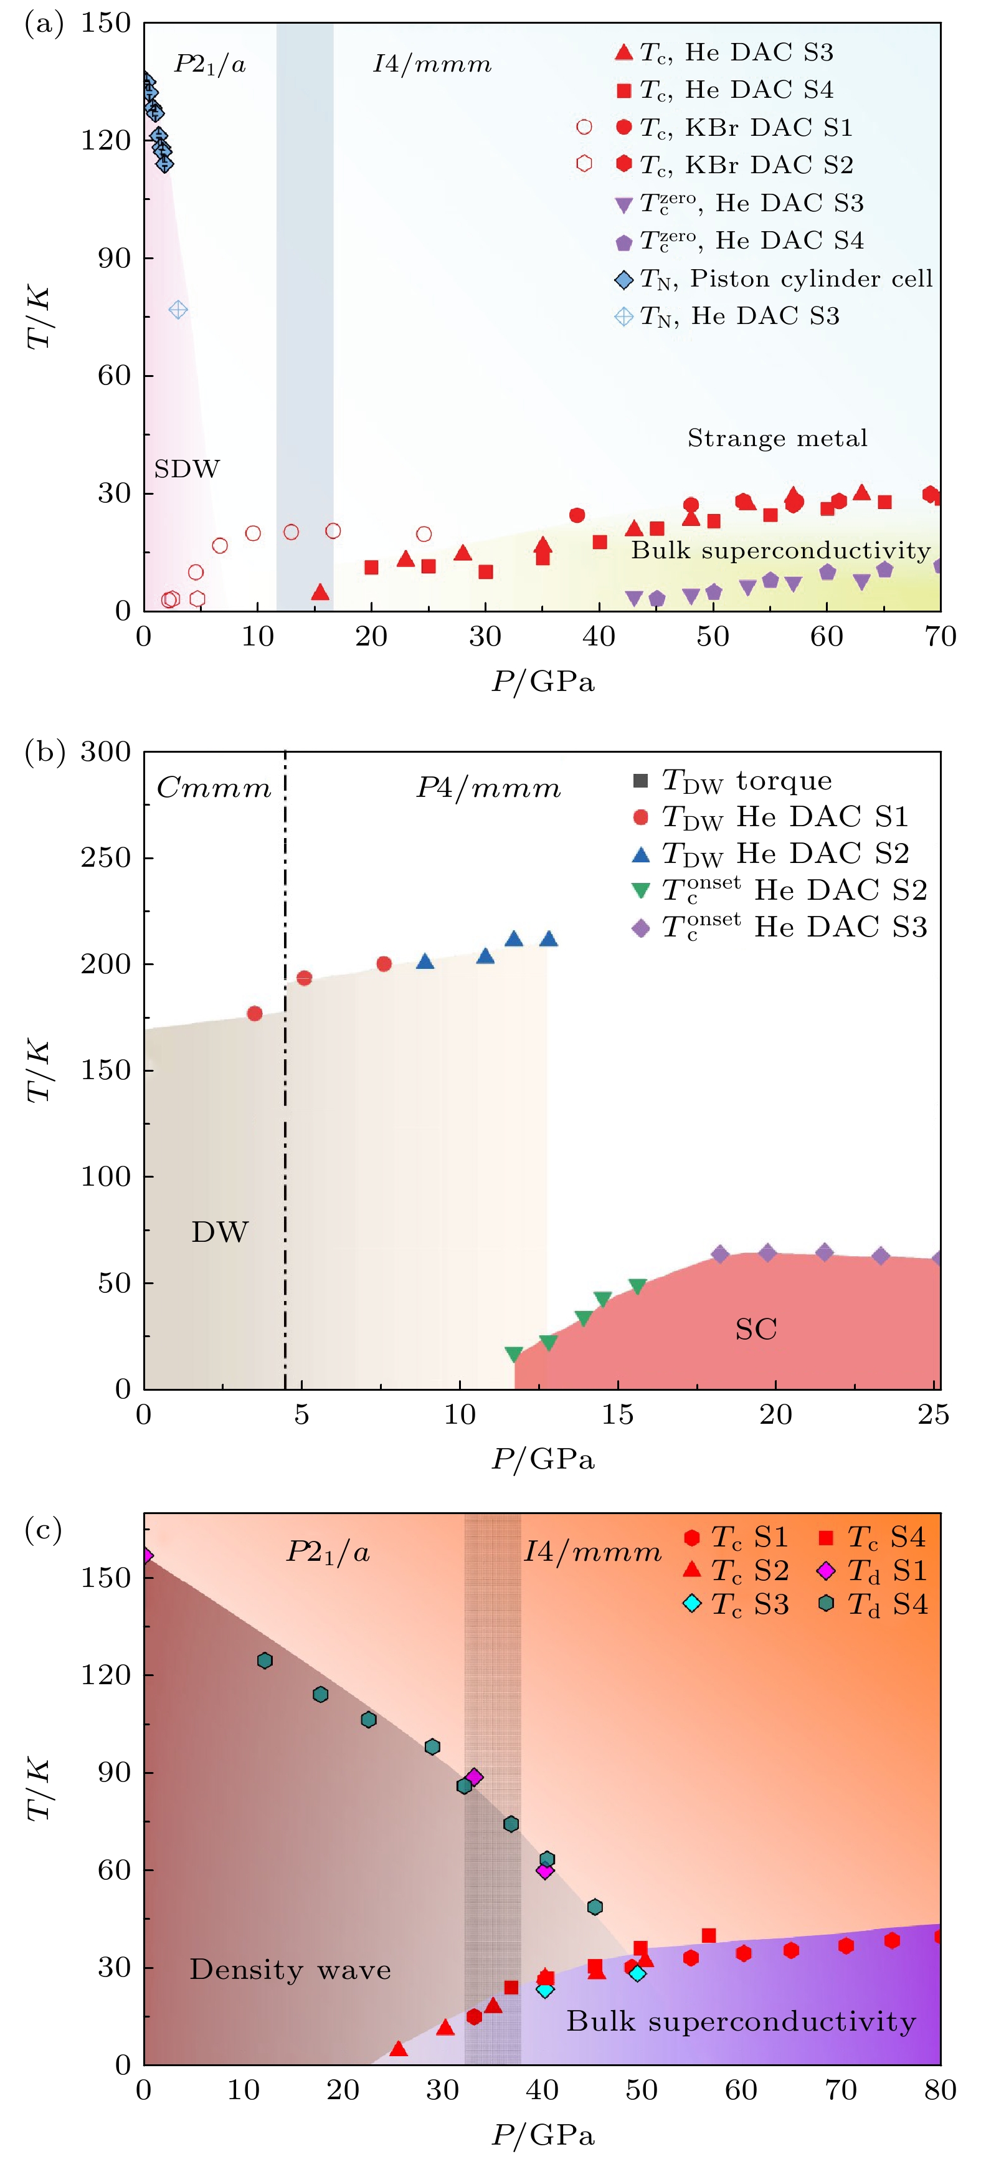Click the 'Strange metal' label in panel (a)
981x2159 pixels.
pyautogui.click(x=777, y=438)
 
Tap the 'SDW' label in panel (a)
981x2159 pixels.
pyautogui.click(x=186, y=469)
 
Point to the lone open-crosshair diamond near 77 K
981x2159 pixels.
pyautogui.click(x=178, y=310)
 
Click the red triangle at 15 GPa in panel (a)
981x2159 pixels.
pyautogui.click(x=319, y=593)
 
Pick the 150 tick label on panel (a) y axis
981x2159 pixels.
pyautogui.click(x=105, y=24)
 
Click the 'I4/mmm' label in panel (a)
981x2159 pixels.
pyautogui.click(x=432, y=65)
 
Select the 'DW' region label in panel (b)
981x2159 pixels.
pyautogui.click(x=219, y=1232)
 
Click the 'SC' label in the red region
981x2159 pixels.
pyautogui.click(x=756, y=1329)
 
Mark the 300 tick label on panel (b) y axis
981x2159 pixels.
pyautogui.click(x=105, y=752)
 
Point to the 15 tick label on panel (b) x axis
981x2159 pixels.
pyautogui.click(x=617, y=1416)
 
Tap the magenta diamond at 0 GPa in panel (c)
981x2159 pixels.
pyautogui.click(x=146, y=1556)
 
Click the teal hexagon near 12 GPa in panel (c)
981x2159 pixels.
pyautogui.click(x=265, y=1661)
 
